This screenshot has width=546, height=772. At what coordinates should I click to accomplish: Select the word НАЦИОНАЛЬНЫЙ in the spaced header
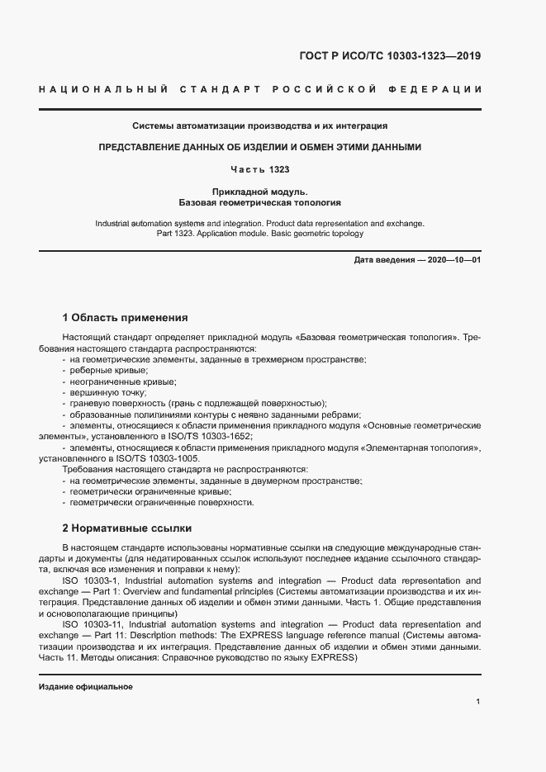tap(103, 88)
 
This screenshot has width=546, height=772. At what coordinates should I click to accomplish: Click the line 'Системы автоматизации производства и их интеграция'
tap(260, 126)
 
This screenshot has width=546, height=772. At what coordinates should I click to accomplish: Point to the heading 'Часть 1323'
tap(260, 169)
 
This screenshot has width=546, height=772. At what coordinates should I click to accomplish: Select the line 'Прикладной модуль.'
tap(260, 191)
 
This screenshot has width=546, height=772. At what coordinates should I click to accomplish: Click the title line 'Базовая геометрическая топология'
tap(260, 201)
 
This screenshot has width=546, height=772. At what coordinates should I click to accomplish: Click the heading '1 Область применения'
tap(126, 317)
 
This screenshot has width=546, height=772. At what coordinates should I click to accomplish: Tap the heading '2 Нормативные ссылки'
tap(126, 528)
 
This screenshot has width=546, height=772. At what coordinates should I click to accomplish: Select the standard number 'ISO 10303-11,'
tap(93, 625)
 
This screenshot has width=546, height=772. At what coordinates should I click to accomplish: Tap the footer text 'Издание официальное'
tap(86, 687)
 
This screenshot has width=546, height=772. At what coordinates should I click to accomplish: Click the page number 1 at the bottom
tap(478, 702)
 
